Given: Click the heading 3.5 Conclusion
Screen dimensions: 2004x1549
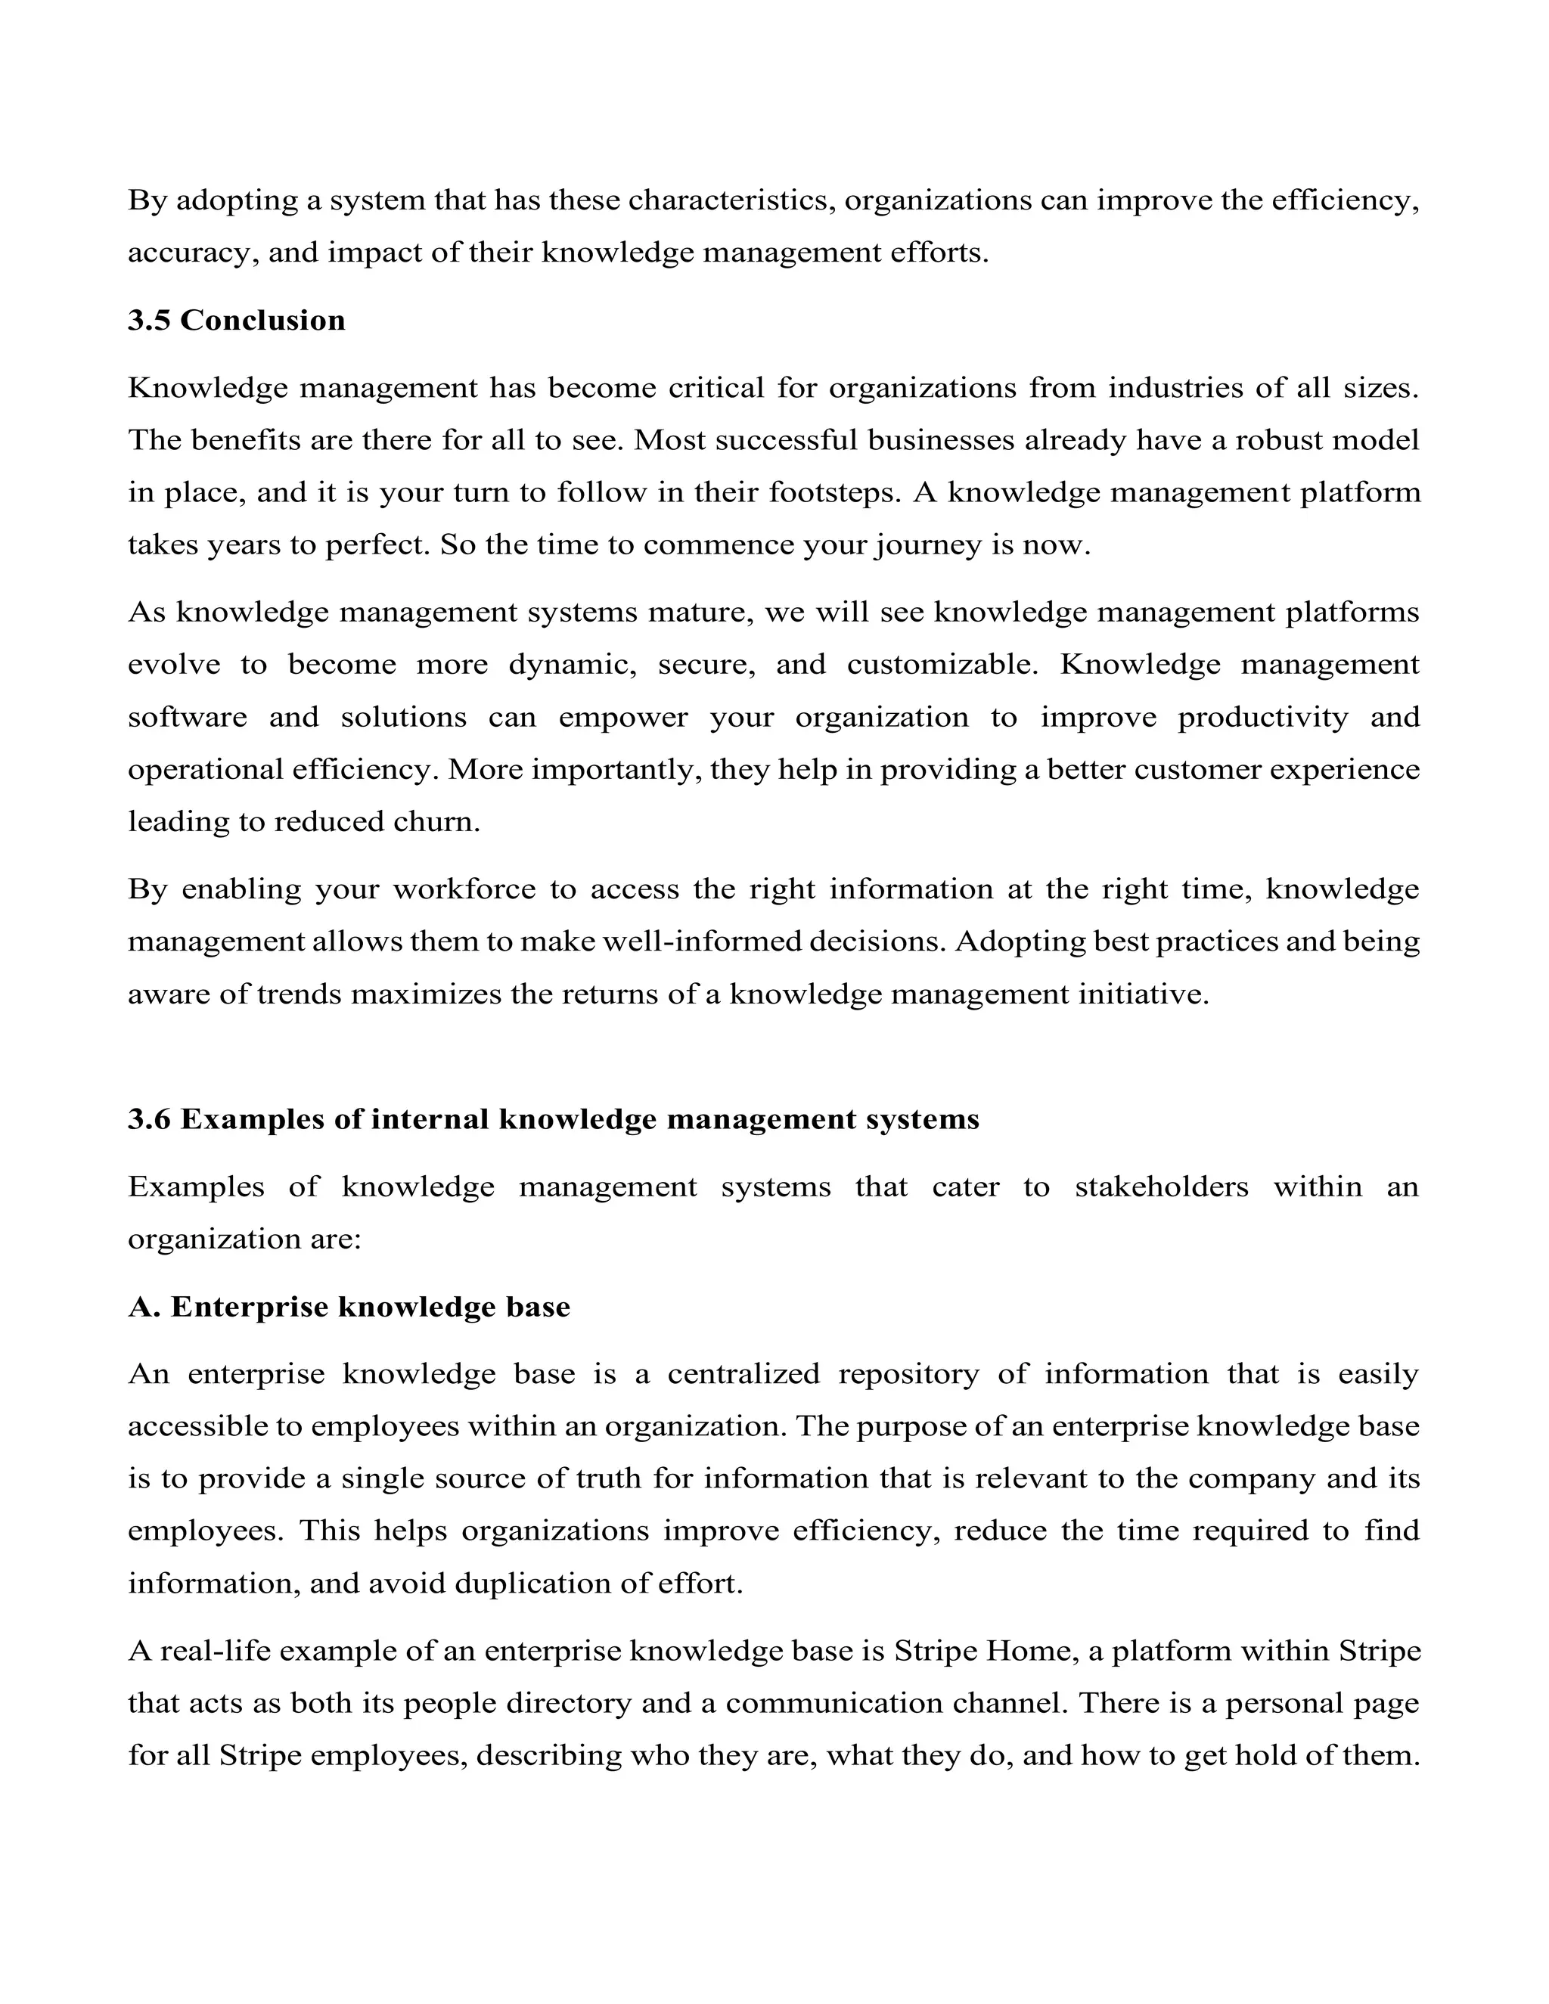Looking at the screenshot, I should point(237,320).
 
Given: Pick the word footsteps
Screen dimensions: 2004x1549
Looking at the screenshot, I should point(834,493).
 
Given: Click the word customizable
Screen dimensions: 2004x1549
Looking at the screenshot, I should point(942,664).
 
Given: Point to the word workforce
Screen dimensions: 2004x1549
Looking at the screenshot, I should point(464,889).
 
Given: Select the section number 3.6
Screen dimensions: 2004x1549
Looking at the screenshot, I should point(149,1119).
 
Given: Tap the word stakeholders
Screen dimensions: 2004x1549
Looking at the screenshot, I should point(1161,1187).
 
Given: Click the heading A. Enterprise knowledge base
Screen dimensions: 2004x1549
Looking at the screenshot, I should point(349,1307).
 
